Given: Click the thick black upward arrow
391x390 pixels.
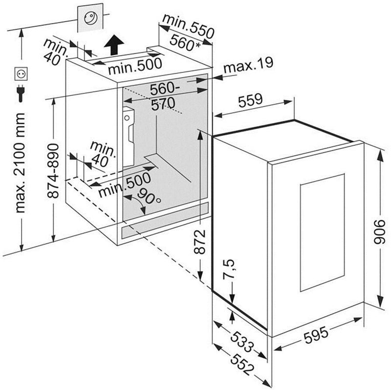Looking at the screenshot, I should (x=113, y=45).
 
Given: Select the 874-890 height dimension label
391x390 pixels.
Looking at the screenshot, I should (x=54, y=171).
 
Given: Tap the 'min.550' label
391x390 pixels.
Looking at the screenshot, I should (x=188, y=26).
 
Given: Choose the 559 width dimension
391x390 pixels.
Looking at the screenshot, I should (x=250, y=101).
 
